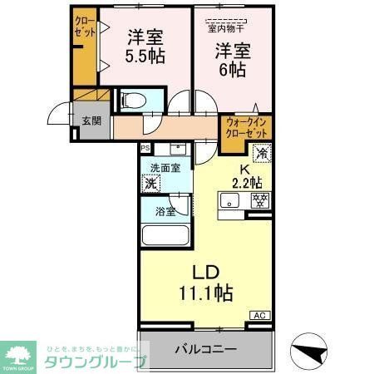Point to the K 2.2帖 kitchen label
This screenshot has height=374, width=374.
pos(246,175)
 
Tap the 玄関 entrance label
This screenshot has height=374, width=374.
pos(91,121)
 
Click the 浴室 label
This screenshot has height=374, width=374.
pos(165,211)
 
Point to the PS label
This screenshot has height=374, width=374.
pos(146,149)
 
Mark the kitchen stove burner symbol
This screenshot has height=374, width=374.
pos(259,199)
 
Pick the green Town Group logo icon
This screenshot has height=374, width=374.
pos(17,352)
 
